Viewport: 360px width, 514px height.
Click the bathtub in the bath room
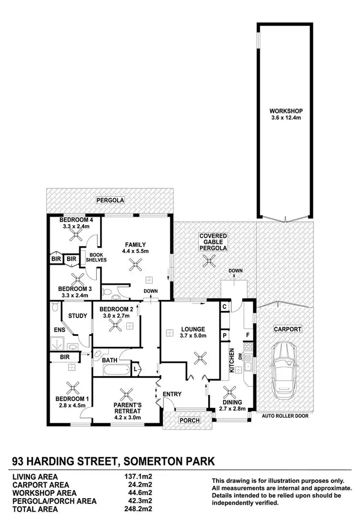click(111, 371)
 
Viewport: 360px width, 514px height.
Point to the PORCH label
click(188, 420)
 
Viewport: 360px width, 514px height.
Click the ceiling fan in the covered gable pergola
click(209, 261)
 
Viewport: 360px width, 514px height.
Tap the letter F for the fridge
click(248, 334)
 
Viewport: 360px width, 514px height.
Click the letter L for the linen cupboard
click(135, 369)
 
